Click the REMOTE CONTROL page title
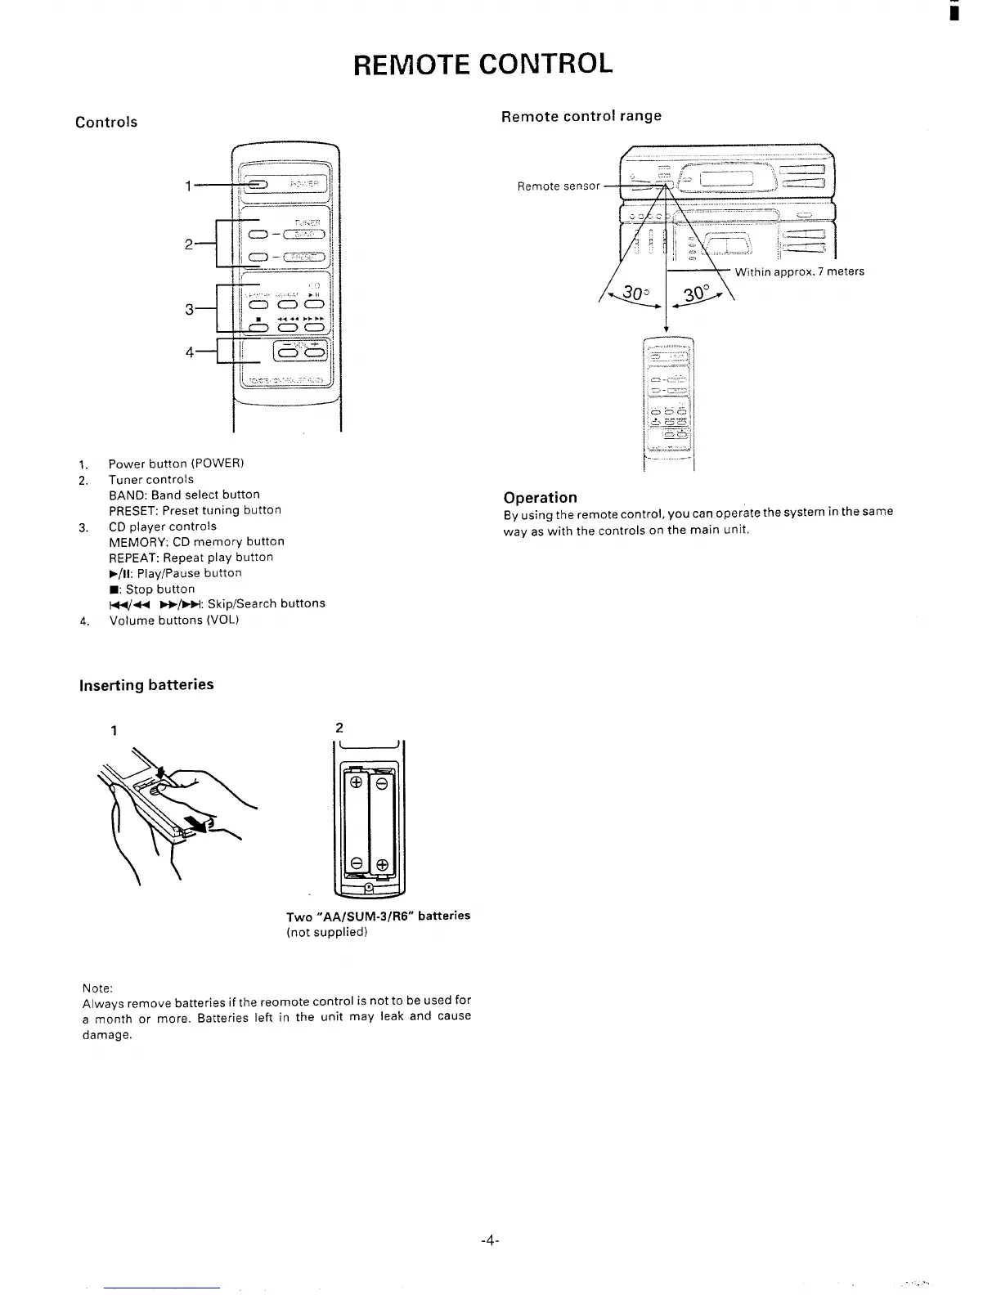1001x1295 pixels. (x=483, y=63)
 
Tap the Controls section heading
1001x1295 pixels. (x=106, y=123)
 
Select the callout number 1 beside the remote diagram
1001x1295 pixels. (x=187, y=187)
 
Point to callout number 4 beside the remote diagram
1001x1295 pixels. (x=190, y=352)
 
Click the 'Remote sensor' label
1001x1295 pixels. (x=559, y=186)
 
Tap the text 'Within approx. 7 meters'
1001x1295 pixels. (x=799, y=271)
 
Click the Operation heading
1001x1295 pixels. (x=540, y=497)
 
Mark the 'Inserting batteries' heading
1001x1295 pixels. (x=146, y=685)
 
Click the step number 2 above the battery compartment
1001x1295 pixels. (x=339, y=728)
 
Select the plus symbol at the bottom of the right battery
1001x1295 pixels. (x=382, y=864)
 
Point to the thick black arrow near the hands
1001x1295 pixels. (x=196, y=822)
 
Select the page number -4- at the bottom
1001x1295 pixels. (x=490, y=1240)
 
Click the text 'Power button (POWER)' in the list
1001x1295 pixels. (x=177, y=464)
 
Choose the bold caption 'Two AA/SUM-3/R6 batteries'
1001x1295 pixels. (x=378, y=916)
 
